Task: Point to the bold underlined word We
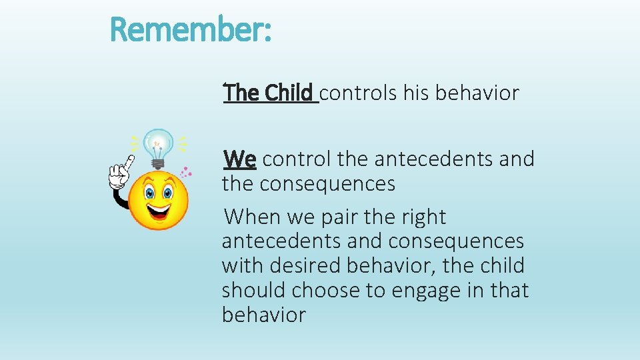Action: (240, 159)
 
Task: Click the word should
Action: (257, 290)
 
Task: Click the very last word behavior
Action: (263, 314)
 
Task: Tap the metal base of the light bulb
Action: (159, 162)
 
